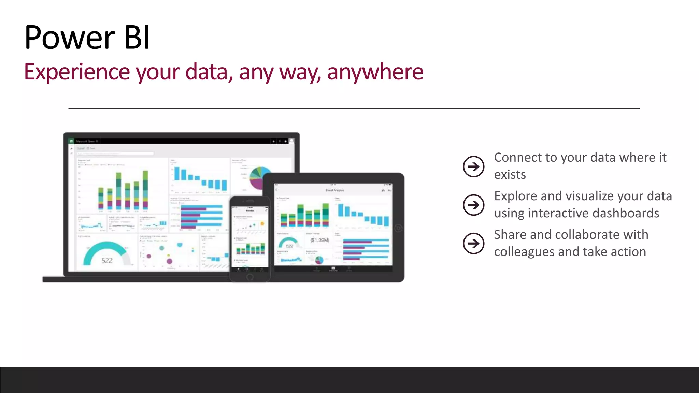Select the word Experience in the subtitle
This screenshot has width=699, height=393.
pos(77,72)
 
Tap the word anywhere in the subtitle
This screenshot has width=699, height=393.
pos(375,72)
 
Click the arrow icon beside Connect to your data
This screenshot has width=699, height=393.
pos(473,166)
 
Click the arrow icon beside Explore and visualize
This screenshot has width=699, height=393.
pos(473,205)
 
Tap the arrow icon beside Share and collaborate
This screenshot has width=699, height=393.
pos(473,244)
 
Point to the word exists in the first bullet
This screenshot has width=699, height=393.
pos(510,175)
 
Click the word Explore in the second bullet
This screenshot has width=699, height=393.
pos(515,196)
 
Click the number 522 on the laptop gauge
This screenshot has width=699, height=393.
pos(107,261)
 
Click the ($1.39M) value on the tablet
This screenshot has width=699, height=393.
pos(319,240)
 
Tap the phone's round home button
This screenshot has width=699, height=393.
pos(249,277)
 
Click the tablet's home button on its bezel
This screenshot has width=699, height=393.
pos(398,228)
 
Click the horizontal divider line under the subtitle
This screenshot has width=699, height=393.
pos(354,108)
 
